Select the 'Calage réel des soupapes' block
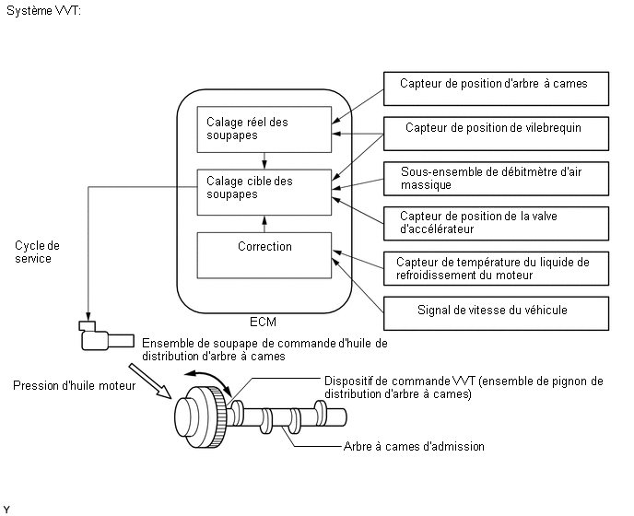[264, 128]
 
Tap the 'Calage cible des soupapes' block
[264, 190]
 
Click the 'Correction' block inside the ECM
[264, 252]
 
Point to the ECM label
[264, 322]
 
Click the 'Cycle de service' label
[38, 252]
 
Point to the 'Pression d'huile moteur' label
[74, 386]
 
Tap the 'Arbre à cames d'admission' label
[414, 447]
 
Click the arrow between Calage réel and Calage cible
[264, 159]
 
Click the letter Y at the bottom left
[6, 509]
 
